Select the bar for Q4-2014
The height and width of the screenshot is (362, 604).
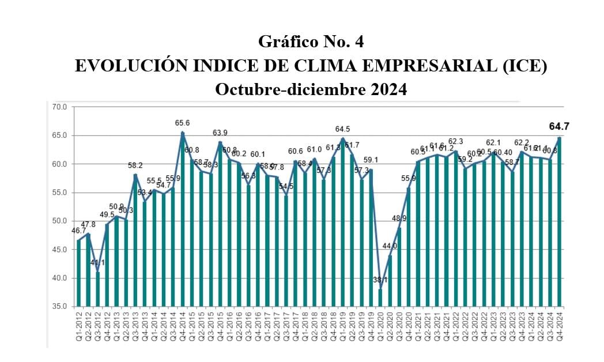(183, 219)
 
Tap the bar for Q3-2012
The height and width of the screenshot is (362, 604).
(97, 289)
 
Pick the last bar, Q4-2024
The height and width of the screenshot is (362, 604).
(559, 222)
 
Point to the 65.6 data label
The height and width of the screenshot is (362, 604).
(183, 123)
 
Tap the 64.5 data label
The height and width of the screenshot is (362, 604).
(343, 129)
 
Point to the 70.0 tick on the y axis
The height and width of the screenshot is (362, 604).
(60, 107)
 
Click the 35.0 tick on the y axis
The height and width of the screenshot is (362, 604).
(60, 307)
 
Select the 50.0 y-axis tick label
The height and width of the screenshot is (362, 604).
(60, 221)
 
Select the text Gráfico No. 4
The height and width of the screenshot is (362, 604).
(311, 42)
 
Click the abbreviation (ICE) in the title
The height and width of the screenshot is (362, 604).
(523, 66)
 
